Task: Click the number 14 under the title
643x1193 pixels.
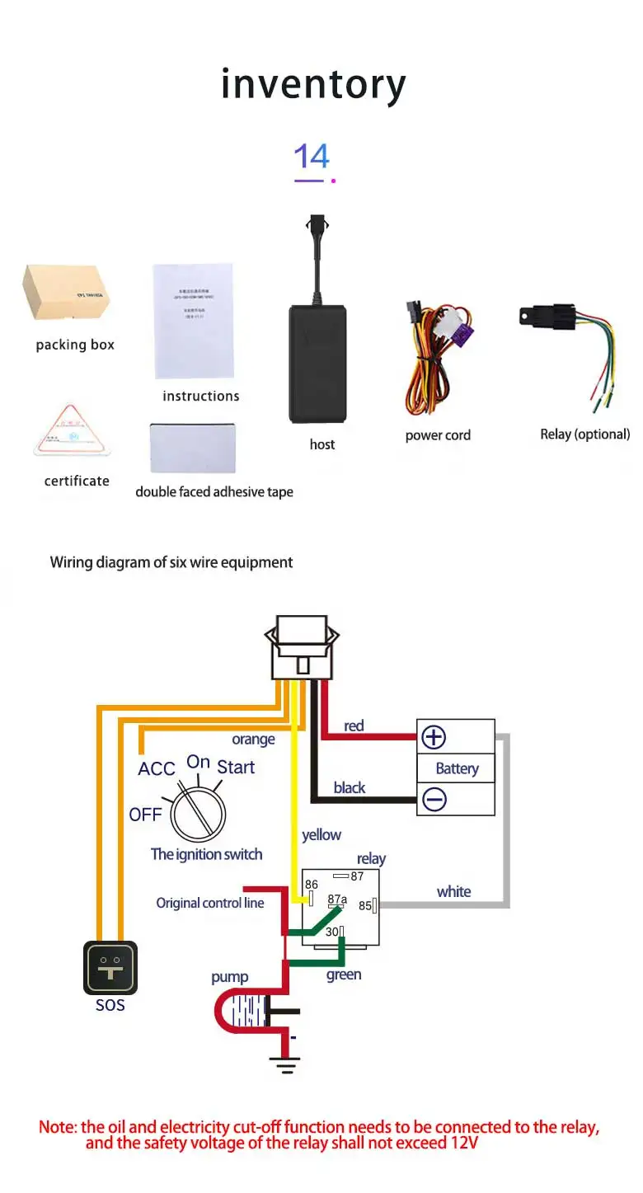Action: pyautogui.click(x=312, y=157)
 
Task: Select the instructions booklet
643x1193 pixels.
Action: pyautogui.click(x=195, y=322)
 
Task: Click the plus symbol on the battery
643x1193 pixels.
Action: pyautogui.click(x=434, y=736)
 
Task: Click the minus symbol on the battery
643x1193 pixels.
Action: pyautogui.click(x=434, y=799)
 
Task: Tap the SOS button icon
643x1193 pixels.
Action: pyautogui.click(x=110, y=968)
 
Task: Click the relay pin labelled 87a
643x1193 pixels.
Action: pyautogui.click(x=337, y=899)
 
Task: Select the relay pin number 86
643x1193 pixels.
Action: pyautogui.click(x=312, y=885)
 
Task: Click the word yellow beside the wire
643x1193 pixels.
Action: pyautogui.click(x=321, y=835)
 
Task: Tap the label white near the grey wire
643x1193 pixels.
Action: pyautogui.click(x=453, y=891)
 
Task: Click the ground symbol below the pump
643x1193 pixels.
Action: pyautogui.click(x=285, y=1066)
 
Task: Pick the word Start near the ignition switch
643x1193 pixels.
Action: pyautogui.click(x=236, y=767)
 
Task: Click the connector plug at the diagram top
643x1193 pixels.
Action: pyautogui.click(x=302, y=647)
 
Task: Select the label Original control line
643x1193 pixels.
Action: pyautogui.click(x=210, y=903)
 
